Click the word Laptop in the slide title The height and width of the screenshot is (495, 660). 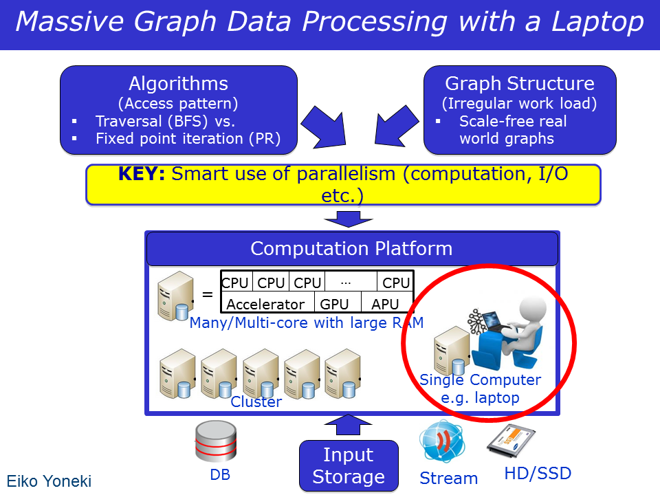point(597,22)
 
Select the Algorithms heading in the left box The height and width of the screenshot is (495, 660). point(179,83)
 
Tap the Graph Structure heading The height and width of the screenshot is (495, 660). point(520,83)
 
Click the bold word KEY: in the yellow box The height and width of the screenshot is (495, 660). point(142,174)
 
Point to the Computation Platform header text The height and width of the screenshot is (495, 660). point(351,248)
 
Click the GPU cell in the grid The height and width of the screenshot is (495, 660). point(334,303)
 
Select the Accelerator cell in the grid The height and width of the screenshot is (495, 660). point(265,303)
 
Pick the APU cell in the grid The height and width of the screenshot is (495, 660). point(385,303)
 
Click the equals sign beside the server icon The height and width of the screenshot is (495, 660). point(208,294)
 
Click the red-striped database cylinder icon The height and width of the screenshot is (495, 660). point(216,441)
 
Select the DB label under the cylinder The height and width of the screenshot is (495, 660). point(220,474)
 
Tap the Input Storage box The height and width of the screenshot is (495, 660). point(349,465)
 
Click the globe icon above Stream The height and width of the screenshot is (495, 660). point(442,441)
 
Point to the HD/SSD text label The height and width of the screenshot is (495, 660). point(538,474)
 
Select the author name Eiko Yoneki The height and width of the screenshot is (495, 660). point(49,481)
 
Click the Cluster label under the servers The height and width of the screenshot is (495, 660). point(256,401)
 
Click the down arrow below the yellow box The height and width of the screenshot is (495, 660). point(349,219)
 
